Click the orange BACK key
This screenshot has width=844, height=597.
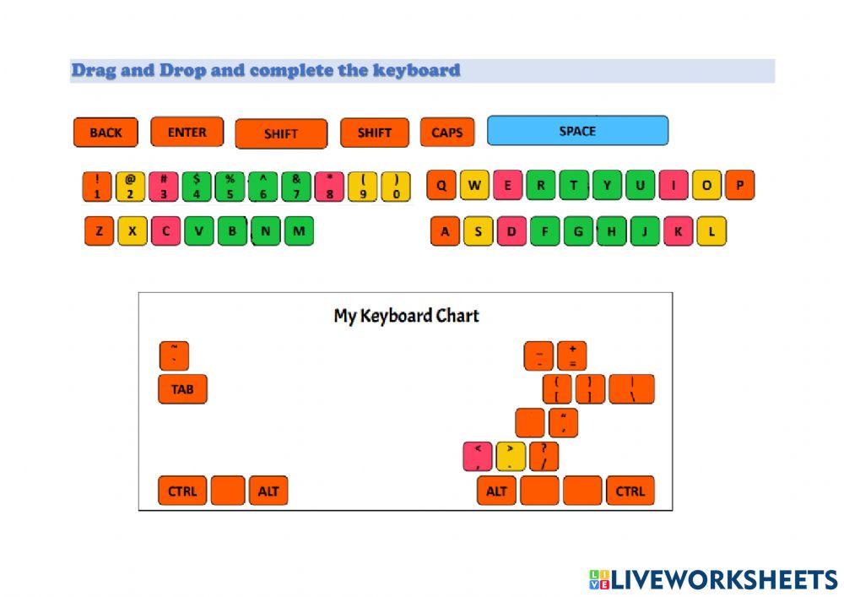coord(105,133)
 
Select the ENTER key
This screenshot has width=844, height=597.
coord(187,132)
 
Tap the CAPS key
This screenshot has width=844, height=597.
coord(446,133)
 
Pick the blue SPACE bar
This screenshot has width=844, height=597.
coord(577,131)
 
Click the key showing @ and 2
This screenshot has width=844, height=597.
coord(131,187)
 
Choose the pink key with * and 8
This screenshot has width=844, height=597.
coord(329,187)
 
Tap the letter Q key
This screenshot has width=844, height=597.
coord(441,185)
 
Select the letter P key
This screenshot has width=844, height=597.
coord(739,185)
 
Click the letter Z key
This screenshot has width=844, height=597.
coord(99,231)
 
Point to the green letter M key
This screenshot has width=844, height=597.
coord(298,231)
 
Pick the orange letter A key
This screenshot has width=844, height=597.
coord(445,231)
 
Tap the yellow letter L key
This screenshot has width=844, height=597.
coord(711,231)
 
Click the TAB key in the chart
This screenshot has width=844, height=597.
coord(182,389)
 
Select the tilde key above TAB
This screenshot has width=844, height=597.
coord(174,355)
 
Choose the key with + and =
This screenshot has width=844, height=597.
coord(571,355)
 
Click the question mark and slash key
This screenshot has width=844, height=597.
coord(544,456)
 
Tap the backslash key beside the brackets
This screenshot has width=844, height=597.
coord(631,389)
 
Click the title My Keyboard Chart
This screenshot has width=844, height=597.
coord(406,316)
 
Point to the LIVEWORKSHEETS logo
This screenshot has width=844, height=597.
coord(713,579)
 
